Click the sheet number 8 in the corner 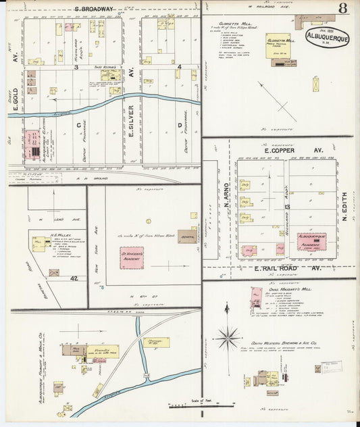click(x=344, y=9)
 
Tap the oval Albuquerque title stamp click(x=327, y=36)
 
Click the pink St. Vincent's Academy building click(x=132, y=257)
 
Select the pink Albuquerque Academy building click(x=311, y=241)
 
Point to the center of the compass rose click(x=228, y=335)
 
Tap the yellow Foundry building click(x=102, y=351)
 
